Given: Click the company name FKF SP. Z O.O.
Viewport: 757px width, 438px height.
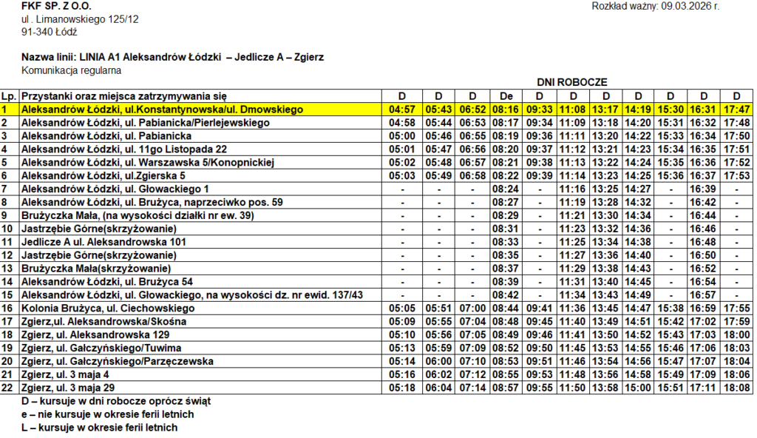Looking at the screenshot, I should click(x=57, y=7).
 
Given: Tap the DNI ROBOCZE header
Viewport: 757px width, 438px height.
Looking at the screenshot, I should click(x=572, y=83).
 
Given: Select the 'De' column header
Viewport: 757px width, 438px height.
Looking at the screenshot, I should click(x=506, y=96).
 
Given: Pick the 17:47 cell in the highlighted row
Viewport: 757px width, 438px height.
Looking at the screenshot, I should click(x=736, y=109).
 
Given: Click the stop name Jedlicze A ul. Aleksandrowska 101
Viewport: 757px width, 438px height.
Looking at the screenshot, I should click(x=103, y=242).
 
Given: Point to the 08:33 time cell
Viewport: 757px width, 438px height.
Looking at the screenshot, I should click(x=506, y=242).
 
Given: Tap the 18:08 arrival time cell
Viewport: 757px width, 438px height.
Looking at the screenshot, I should click(x=736, y=388).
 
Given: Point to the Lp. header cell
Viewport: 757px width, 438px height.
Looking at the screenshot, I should click(x=10, y=96).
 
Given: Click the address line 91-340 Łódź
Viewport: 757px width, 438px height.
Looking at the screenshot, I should click(x=50, y=32).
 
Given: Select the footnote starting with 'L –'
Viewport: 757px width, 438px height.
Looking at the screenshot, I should click(x=100, y=428).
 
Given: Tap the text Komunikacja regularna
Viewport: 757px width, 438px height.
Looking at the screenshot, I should click(x=71, y=70).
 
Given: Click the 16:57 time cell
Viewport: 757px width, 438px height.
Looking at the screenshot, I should click(x=703, y=295).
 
